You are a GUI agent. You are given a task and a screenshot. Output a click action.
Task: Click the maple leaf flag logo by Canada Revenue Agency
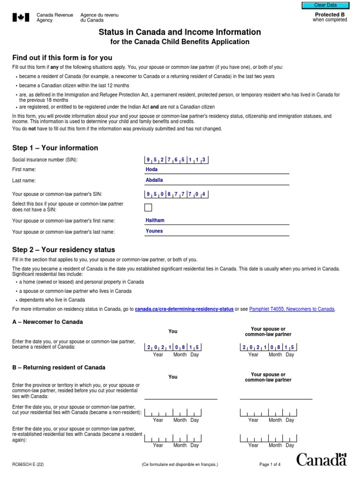[20, 18]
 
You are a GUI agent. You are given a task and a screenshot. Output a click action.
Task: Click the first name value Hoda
[152, 169]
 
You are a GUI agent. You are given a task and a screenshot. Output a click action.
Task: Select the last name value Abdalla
[154, 180]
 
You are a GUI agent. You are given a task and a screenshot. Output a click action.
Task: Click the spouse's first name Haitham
[155, 220]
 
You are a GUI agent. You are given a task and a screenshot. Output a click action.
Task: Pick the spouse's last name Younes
[154, 231]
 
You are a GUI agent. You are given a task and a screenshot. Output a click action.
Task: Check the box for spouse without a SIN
[148, 208]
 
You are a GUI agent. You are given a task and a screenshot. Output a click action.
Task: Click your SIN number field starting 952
[176, 160]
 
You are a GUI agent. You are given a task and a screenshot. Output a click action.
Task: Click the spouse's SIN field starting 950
[176, 194]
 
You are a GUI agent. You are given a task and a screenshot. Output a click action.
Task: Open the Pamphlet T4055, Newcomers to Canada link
[292, 309]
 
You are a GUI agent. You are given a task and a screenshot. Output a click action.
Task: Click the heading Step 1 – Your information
[55, 148]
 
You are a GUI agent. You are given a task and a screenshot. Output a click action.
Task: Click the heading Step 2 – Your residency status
[63, 250]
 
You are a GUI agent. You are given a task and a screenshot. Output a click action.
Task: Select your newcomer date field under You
[173, 347]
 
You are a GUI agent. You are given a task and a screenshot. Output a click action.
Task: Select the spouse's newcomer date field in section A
[268, 347]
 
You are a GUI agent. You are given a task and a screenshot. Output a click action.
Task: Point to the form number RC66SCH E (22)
[28, 465]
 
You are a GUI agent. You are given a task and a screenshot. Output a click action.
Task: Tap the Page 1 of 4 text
[270, 465]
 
